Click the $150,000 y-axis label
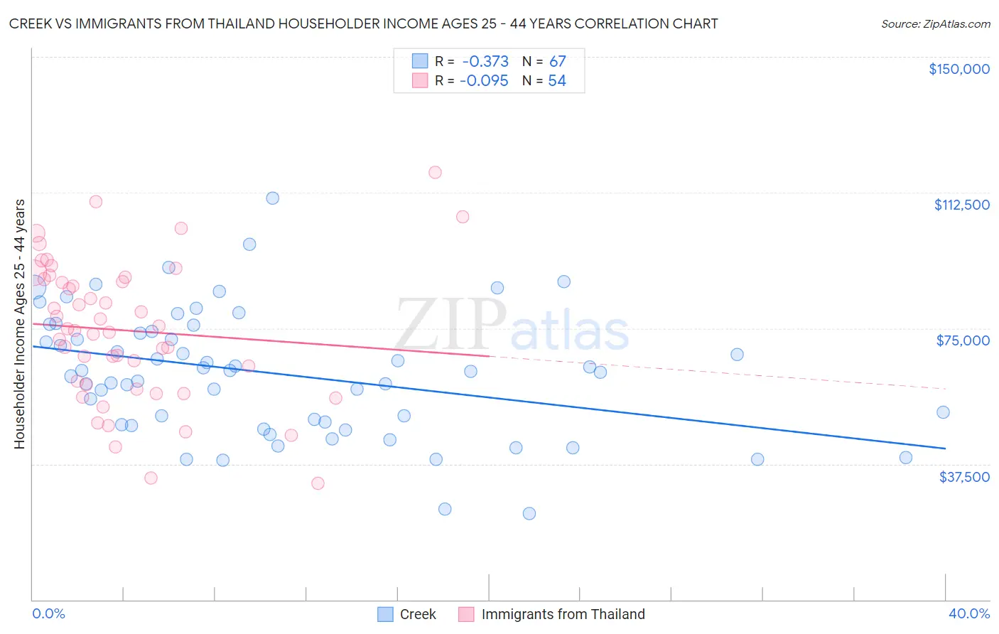point(958,69)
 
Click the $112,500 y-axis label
point(961,205)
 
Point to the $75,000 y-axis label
point(963,340)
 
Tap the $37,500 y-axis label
point(964,477)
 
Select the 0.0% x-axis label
point(48,613)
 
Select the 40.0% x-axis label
point(968,613)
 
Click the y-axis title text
point(19,324)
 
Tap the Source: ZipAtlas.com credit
point(935,24)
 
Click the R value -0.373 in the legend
point(485,62)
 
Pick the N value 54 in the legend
point(557,81)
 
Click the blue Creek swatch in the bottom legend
point(385,614)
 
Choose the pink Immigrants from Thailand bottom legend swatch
point(466,614)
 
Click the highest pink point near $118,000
point(435,172)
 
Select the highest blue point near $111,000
point(272,198)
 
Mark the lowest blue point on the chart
point(529,513)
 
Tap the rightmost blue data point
point(943,412)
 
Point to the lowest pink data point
point(318,483)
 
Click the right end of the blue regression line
point(945,448)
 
